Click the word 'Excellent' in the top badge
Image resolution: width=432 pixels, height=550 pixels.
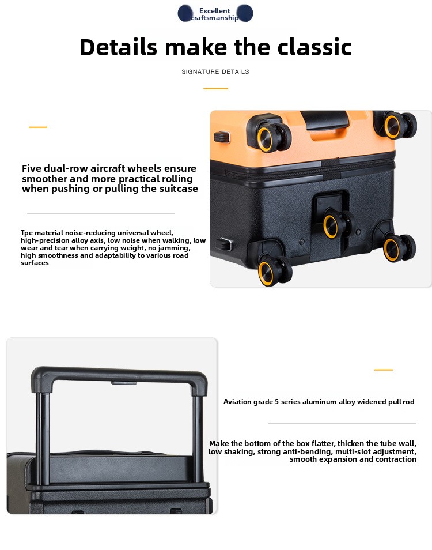[x=214, y=11]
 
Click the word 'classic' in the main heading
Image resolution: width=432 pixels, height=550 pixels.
[x=314, y=47]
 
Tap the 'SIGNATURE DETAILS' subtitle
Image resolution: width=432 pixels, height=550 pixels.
[x=215, y=71]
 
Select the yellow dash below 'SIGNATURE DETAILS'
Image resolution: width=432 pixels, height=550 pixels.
[x=215, y=88]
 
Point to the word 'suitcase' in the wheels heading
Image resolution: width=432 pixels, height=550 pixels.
[x=179, y=189]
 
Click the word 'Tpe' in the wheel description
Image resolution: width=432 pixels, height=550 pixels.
[x=26, y=233]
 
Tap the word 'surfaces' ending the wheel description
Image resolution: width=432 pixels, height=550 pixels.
[x=35, y=263]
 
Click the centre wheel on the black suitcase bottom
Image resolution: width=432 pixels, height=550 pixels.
[x=336, y=224]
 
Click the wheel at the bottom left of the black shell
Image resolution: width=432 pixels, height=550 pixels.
[x=274, y=270]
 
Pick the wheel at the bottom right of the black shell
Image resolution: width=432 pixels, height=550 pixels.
[x=399, y=248]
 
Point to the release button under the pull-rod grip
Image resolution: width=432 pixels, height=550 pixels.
[x=124, y=383]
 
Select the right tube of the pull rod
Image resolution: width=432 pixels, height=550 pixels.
[x=198, y=439]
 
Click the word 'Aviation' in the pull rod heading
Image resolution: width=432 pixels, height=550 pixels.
[x=237, y=402]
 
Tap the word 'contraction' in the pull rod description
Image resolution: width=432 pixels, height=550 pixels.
[x=395, y=459]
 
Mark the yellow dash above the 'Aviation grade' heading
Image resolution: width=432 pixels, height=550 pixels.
[x=383, y=370]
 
